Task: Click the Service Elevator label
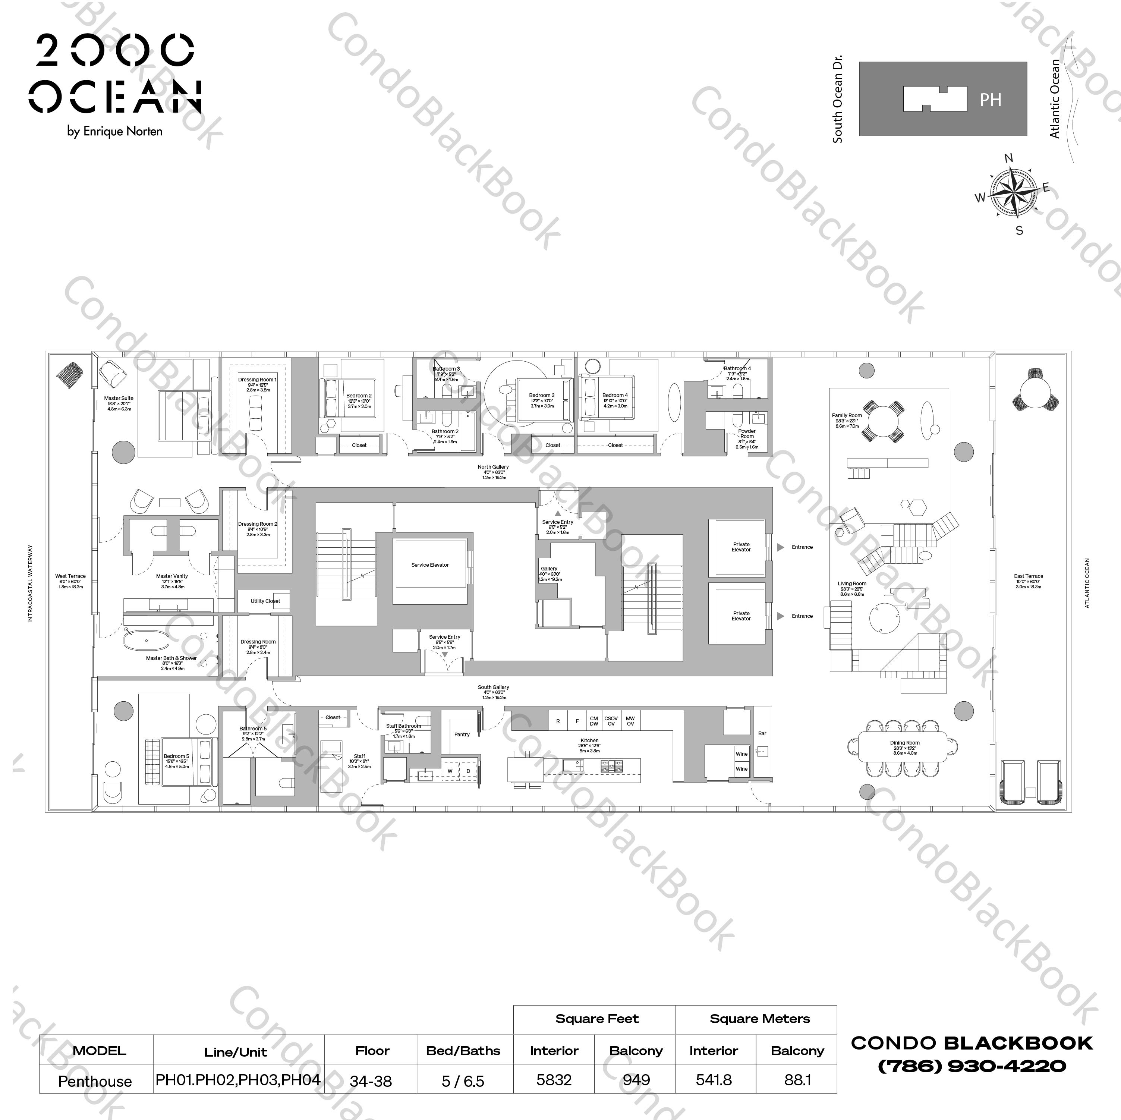tap(430, 564)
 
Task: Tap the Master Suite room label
tap(119, 399)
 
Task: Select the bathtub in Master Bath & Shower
tap(147, 641)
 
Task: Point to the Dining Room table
tap(904, 748)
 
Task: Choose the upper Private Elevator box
tap(741, 547)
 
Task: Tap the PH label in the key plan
tap(991, 100)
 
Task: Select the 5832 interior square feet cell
tap(554, 1080)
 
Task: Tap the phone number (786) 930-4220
tap(972, 1066)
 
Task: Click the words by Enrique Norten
tap(115, 131)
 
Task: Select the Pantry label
tap(462, 734)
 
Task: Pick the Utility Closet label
tap(265, 601)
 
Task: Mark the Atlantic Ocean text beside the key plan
tap(1055, 99)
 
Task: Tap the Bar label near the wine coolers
tap(762, 733)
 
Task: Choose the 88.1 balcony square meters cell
tap(797, 1080)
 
